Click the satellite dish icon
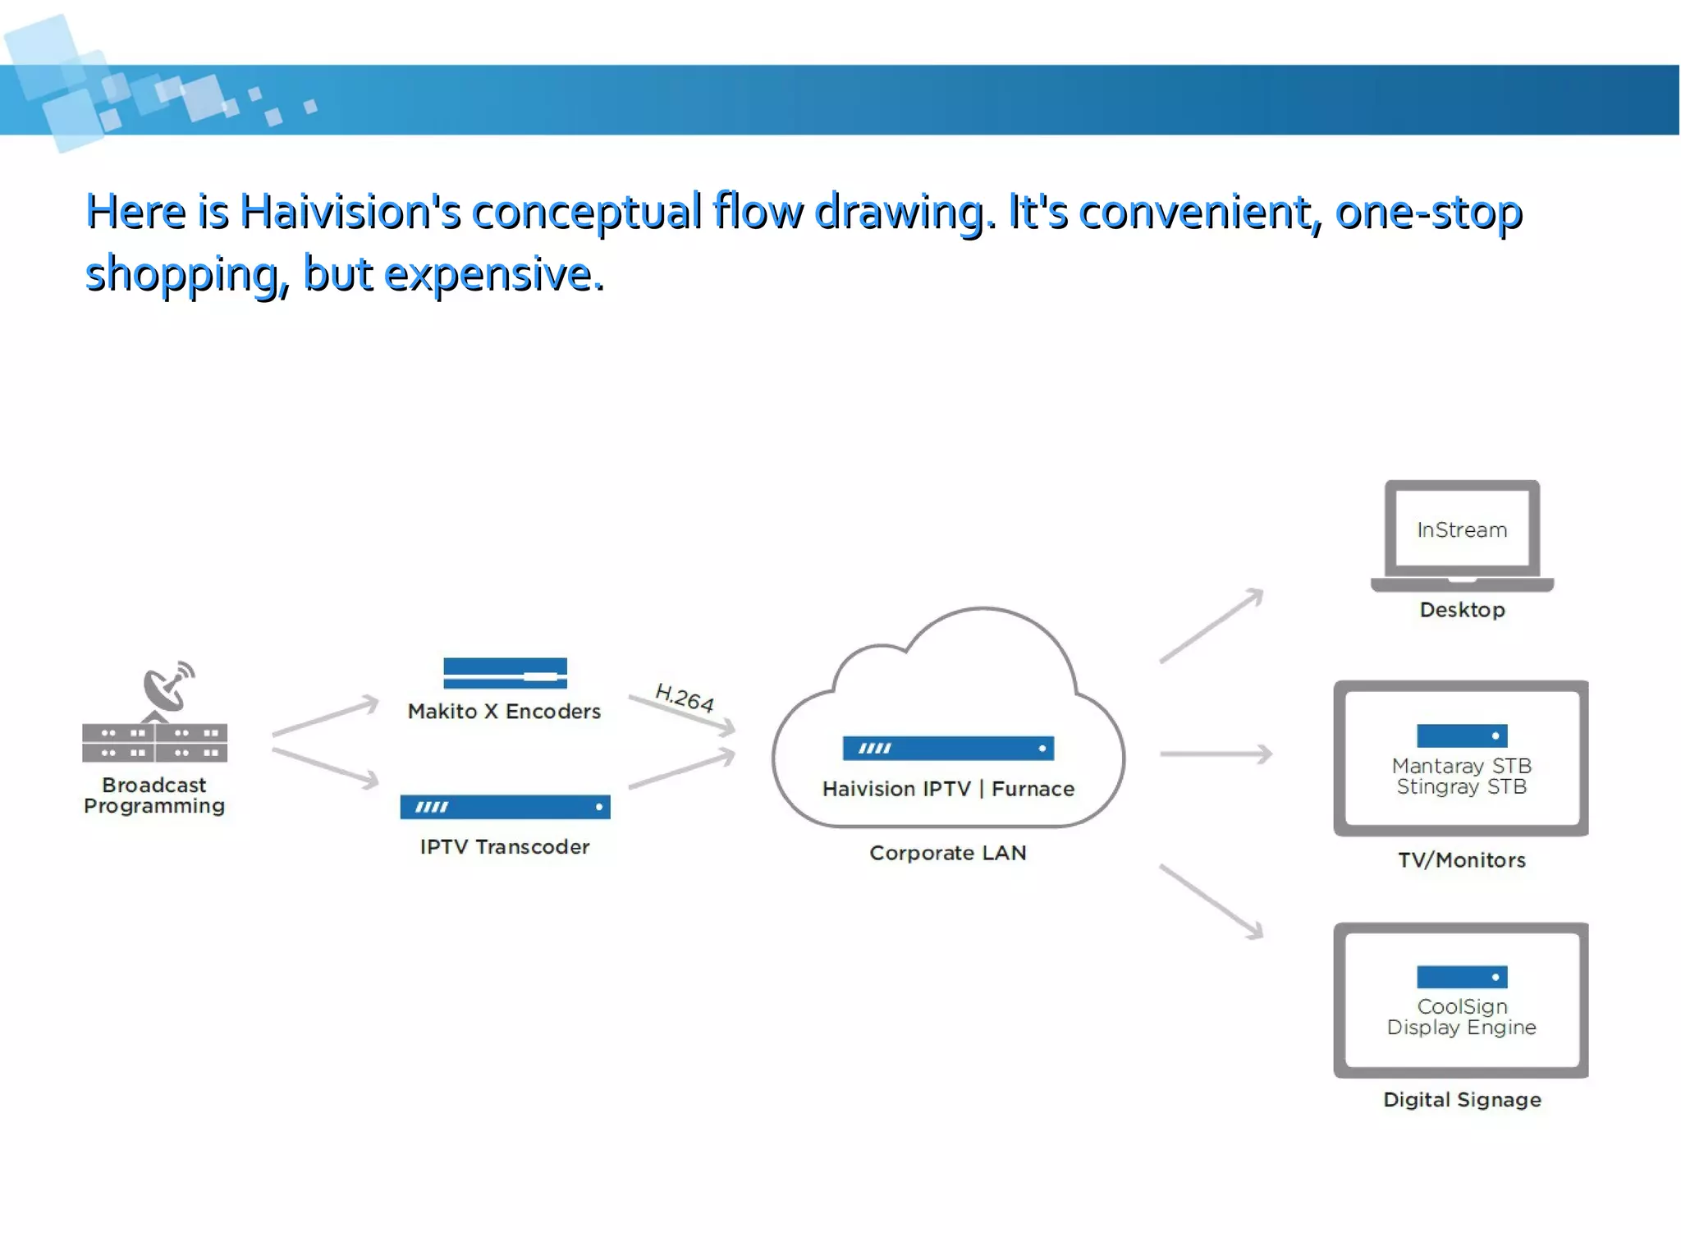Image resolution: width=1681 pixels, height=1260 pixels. [167, 686]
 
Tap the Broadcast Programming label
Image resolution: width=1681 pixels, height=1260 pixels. [154, 795]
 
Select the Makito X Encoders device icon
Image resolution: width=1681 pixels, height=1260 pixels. [505, 673]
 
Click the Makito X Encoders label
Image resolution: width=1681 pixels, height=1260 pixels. [504, 711]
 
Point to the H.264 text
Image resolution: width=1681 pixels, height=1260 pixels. [685, 697]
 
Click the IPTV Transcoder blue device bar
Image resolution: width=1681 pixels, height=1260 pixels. [505, 807]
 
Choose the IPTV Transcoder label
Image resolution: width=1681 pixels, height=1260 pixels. [505, 846]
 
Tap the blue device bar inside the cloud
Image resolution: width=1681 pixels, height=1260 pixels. [948, 748]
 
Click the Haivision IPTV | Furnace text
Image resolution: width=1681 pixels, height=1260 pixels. [948, 789]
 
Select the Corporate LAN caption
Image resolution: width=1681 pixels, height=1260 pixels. [948, 853]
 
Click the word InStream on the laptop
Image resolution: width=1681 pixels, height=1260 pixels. [1462, 530]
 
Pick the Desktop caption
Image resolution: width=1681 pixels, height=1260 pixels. [1462, 610]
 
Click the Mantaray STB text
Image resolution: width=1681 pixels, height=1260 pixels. [1462, 766]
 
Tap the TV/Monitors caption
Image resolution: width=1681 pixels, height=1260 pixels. [1462, 860]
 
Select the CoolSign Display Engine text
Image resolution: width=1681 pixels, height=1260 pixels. [1462, 1017]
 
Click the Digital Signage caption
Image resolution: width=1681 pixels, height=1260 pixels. [1462, 1100]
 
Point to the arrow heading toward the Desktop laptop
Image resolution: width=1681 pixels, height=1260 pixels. [1212, 625]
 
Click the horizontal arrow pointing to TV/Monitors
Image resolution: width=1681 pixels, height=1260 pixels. [1215, 754]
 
